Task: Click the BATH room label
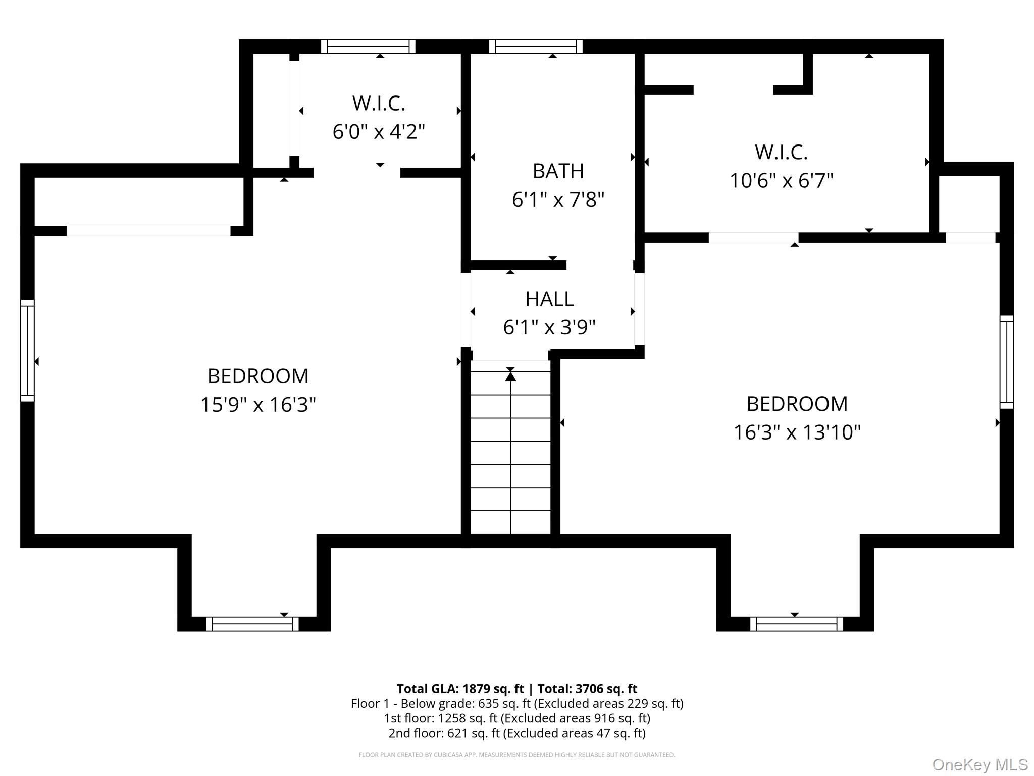coord(558,171)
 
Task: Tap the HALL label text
coord(549,299)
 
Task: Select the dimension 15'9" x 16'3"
coord(258,405)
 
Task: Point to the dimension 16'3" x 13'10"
coord(797,432)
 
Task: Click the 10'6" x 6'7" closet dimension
coord(781,180)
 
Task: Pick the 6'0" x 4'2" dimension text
coord(379,132)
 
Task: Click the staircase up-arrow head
coord(510,376)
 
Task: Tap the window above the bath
coord(536,46)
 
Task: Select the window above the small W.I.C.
coord(368,46)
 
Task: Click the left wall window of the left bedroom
coord(27,351)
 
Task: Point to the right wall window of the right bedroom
coord(1007,362)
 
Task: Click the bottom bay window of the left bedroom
coord(252,624)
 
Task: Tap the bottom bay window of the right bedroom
coord(796,624)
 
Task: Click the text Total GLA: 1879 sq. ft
coord(460,689)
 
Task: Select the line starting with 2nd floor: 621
coord(517,733)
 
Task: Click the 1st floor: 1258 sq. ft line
coord(517,718)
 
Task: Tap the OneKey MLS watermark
coord(979,765)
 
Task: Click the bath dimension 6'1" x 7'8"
coord(558,200)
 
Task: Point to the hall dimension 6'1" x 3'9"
coord(549,328)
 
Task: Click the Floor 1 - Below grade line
coord(517,704)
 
